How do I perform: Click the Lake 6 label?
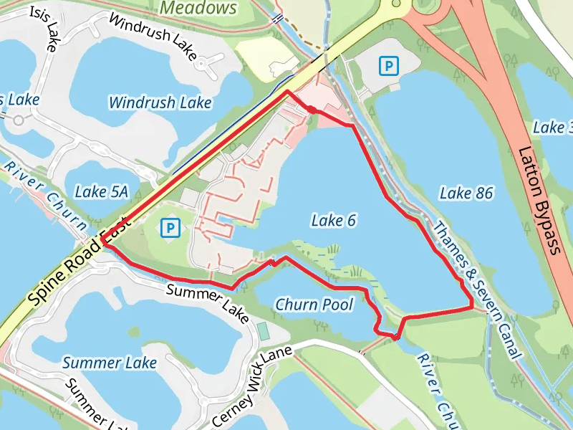pos(334,221)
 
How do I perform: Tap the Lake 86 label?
pos(466,193)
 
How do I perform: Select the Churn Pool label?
pos(314,305)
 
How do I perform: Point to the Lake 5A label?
pos(101,191)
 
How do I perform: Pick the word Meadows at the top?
pos(198,8)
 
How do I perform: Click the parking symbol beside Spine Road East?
pos(170,228)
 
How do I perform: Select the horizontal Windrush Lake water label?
pos(160,102)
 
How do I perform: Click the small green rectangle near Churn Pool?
pos(263,331)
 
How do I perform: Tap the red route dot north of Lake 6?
pos(312,110)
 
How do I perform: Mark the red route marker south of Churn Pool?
pos(395,335)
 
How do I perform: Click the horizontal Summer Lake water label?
pos(109,363)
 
